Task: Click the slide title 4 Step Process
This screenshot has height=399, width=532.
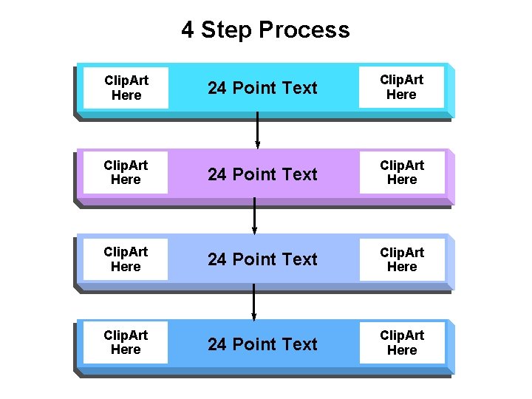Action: click(265, 30)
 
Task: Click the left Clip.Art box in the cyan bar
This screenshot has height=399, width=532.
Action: click(126, 88)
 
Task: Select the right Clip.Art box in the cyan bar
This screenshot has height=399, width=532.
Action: click(401, 88)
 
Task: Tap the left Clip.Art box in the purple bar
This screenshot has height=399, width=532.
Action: click(126, 173)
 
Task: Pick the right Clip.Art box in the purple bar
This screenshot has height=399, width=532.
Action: click(401, 173)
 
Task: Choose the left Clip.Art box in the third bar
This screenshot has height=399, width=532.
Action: click(126, 259)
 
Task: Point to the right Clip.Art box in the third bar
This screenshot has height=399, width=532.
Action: click(401, 259)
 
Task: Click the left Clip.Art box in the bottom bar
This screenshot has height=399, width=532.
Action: click(126, 343)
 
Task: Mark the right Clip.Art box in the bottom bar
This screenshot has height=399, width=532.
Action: click(401, 343)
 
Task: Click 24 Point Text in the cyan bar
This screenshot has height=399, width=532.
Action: click(262, 88)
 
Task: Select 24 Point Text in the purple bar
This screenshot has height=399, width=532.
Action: click(262, 174)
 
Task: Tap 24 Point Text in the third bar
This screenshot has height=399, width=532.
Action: click(262, 259)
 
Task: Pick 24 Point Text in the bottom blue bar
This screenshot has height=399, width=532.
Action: click(262, 344)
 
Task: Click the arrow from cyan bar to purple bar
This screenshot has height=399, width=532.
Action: click(257, 132)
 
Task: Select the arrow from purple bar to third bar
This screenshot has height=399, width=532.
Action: click(254, 216)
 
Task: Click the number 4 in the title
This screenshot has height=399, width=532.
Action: click(188, 30)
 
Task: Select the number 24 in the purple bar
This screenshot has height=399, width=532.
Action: click(217, 174)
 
